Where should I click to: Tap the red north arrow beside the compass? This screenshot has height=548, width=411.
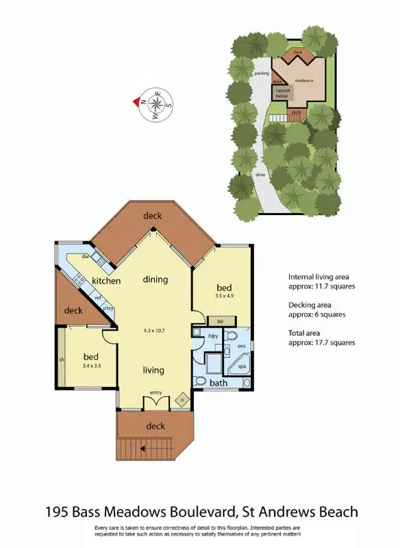136,103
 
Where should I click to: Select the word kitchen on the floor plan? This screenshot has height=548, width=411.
106,281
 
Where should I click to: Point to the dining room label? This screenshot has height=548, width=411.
155,279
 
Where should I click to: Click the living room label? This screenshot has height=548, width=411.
153,370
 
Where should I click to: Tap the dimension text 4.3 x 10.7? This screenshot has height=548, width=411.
154,329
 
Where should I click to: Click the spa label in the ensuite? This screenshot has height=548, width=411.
242,366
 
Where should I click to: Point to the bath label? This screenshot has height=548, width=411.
219,382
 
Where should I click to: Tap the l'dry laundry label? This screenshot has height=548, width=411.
213,336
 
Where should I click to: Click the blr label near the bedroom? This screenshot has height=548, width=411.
221,321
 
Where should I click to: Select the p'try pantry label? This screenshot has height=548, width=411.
108,308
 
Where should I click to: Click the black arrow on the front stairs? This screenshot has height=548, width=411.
142,449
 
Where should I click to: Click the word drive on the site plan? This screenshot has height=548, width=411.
260,175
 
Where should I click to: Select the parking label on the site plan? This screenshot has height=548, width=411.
261,73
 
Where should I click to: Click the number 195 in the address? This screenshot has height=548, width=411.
60,512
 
